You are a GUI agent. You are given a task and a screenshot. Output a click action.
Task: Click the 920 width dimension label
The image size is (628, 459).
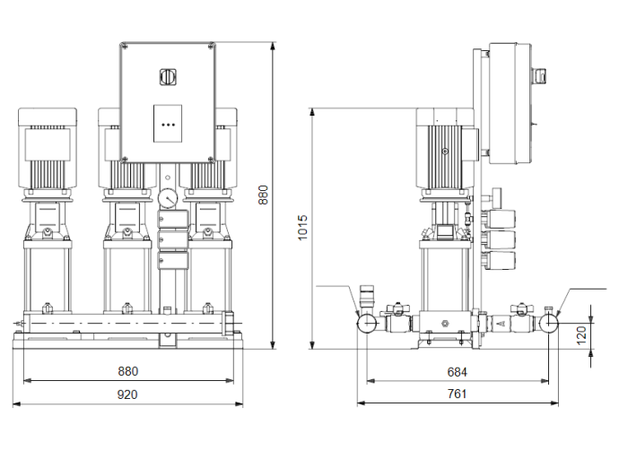tap(127, 394)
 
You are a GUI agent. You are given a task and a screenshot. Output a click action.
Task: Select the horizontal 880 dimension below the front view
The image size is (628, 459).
tap(127, 371)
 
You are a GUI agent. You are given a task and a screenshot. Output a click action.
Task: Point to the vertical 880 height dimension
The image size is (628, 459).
tap(263, 195)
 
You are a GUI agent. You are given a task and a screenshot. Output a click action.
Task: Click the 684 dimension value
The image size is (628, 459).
tap(457, 371)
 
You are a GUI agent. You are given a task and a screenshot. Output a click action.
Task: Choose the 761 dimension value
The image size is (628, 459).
tap(457, 394)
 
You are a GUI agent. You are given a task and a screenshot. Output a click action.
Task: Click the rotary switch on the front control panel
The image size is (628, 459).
tap(168, 76)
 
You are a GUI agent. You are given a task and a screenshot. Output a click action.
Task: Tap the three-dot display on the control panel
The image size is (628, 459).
tap(168, 126)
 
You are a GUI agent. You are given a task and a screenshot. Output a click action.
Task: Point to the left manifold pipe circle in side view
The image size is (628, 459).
tap(368, 323)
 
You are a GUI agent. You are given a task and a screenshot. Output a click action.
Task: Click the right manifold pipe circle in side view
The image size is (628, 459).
tap(549, 323)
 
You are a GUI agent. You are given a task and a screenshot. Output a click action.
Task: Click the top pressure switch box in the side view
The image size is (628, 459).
tap(499, 220)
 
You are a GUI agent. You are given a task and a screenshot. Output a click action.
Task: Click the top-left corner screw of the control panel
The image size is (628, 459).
tap(125, 48)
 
